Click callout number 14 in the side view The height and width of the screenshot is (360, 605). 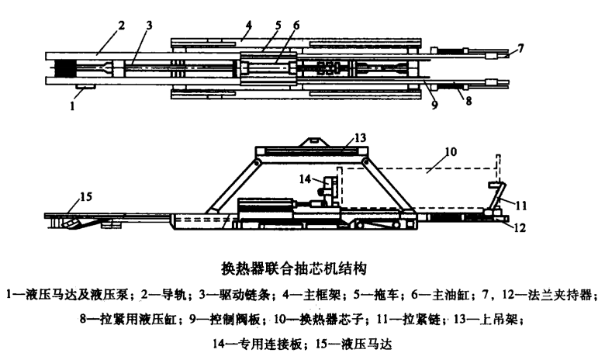click(306, 178)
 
